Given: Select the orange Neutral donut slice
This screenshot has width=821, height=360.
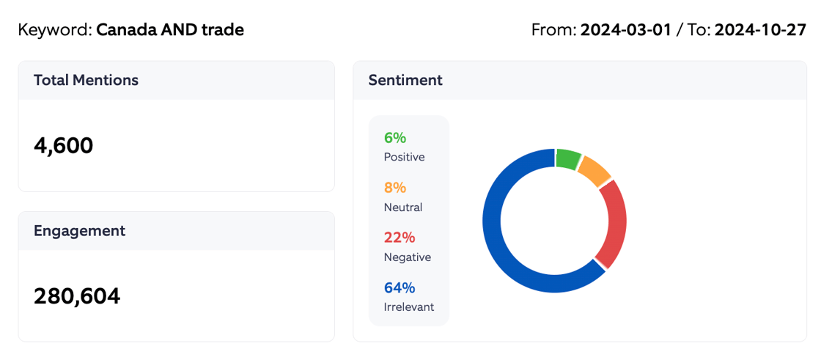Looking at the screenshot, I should [594, 171].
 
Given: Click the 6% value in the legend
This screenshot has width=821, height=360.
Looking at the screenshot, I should [395, 138].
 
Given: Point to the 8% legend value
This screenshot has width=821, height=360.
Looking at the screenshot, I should [395, 188].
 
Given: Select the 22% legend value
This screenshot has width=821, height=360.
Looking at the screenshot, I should [400, 238].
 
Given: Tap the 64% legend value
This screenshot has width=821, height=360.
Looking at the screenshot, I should [400, 287].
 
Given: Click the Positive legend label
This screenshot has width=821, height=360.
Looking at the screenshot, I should [404, 157].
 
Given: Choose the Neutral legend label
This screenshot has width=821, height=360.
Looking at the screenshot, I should [403, 207].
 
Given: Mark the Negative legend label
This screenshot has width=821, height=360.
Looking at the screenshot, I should [408, 257].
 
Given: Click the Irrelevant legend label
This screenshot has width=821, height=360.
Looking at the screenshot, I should [409, 307].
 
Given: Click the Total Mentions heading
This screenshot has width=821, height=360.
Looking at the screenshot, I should [86, 81].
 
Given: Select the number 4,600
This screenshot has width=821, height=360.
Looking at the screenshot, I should [64, 146].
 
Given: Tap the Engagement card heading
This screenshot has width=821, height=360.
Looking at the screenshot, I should [79, 231].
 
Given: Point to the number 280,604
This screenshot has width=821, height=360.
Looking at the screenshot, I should [77, 296].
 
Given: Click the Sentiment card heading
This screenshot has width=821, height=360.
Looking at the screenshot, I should [405, 81].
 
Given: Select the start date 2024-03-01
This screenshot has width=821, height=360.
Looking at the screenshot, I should [626, 30].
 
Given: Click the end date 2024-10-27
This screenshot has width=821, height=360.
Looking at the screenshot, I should [760, 30].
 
